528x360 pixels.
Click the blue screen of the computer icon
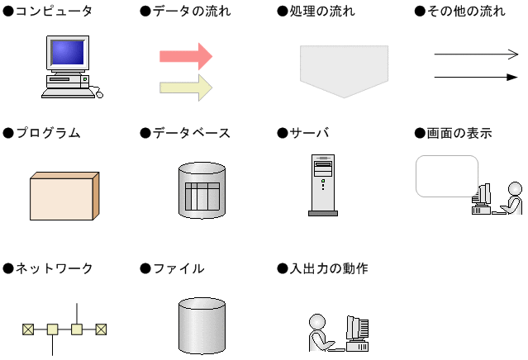pyautogui.click(x=68, y=53)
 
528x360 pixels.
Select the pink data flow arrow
pyautogui.click(x=186, y=56)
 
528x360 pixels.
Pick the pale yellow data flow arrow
pyautogui.click(x=186, y=88)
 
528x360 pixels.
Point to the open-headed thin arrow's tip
pyautogui.click(x=518, y=54)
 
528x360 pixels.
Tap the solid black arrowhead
pyautogui.click(x=512, y=78)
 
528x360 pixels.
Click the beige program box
pyautogui.click(x=64, y=197)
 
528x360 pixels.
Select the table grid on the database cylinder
pyautogui.click(x=202, y=197)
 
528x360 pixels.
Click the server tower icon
pyautogui.click(x=323, y=185)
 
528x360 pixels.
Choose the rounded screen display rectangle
pyautogui.click(x=447, y=176)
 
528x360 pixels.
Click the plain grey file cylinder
pyautogui.click(x=202, y=325)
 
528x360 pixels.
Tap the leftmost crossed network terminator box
pyautogui.click(x=28, y=329)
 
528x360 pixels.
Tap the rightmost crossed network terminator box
pyautogui.click(x=101, y=329)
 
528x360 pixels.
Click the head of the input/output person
pyautogui.click(x=317, y=322)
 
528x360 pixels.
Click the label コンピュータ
pyautogui.click(x=54, y=11)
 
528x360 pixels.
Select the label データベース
pyautogui.click(x=192, y=133)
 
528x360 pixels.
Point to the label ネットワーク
pyautogui.click(x=54, y=268)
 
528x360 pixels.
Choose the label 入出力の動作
pyautogui.click(x=329, y=268)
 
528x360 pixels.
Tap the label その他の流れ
pyautogui.click(x=466, y=11)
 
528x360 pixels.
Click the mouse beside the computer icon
pyautogui.click(x=99, y=95)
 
